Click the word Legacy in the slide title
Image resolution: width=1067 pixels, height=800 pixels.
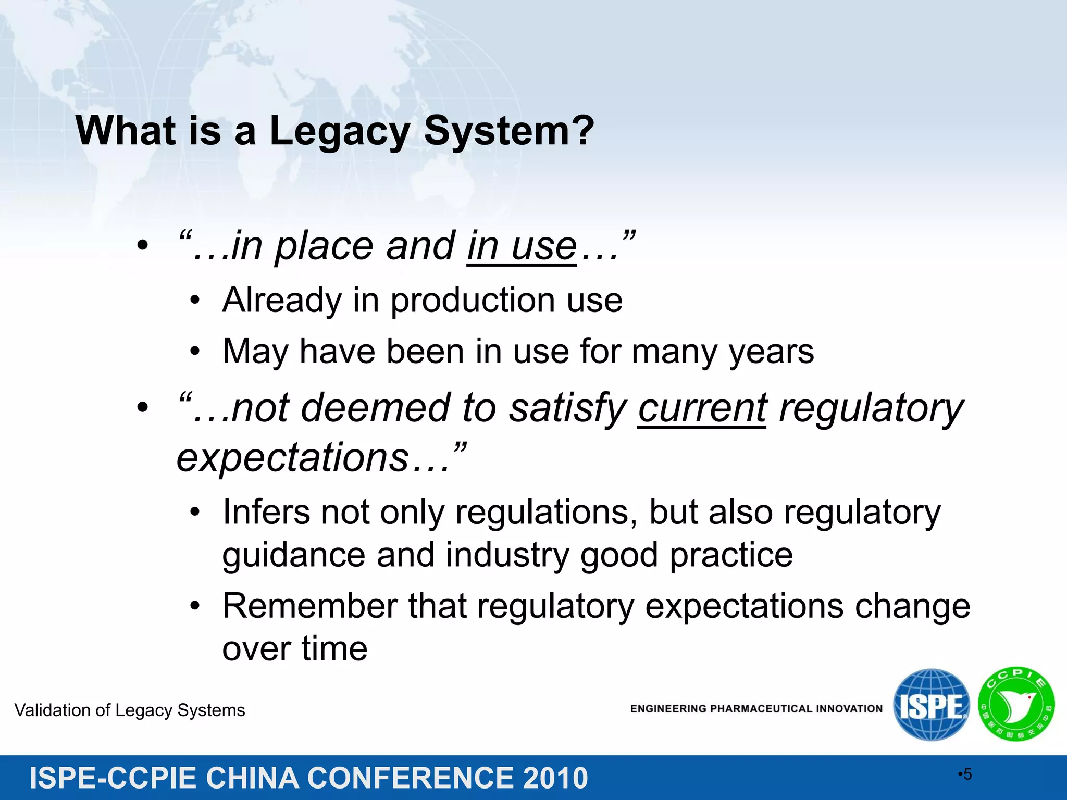(x=339, y=131)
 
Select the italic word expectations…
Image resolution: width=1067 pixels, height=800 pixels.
(x=313, y=458)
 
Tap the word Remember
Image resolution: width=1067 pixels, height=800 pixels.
(x=310, y=606)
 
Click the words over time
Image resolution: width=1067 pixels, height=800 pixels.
(x=295, y=649)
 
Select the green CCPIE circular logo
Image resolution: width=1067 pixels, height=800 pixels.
(x=1016, y=705)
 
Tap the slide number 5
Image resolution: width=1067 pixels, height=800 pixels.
(x=967, y=774)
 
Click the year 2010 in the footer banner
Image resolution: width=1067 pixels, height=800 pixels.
(x=555, y=778)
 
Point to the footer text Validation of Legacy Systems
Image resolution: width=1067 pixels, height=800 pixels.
(x=130, y=710)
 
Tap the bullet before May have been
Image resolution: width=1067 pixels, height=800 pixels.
(x=195, y=352)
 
